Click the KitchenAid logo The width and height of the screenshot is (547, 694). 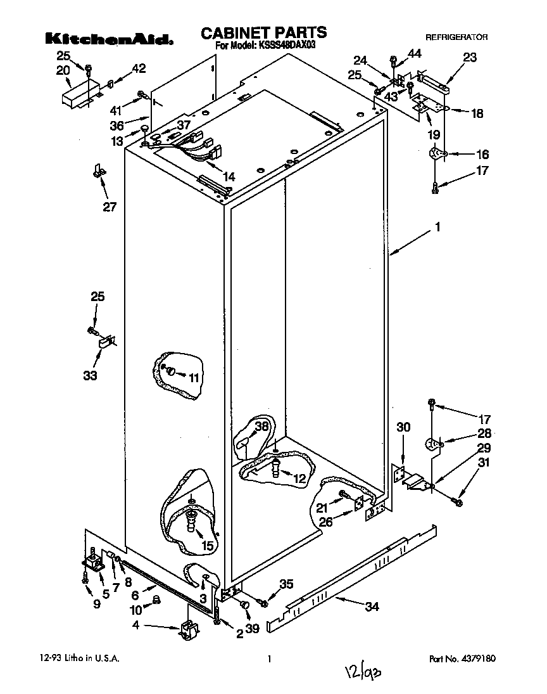pos(109,38)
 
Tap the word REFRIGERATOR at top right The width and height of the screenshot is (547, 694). pos(456,38)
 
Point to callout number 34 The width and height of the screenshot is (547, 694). pos(372,607)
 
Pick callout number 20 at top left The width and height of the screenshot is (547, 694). pos(63,70)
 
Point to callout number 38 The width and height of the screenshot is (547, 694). pos(261,427)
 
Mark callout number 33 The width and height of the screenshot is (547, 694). pos(90,376)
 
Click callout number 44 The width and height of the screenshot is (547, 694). pos(414,55)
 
